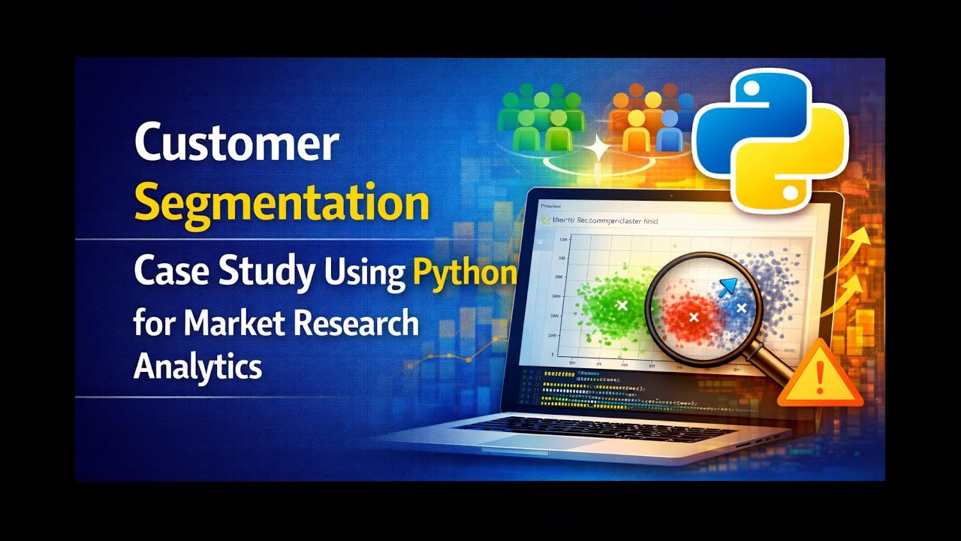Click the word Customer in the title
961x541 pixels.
coord(236,144)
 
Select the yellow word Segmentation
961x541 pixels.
coord(282,203)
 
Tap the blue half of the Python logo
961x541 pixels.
coord(740,113)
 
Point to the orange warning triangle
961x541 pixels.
coord(820,376)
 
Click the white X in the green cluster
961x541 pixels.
coord(622,305)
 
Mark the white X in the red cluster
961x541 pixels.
coord(694,317)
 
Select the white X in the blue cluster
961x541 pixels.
coord(742,308)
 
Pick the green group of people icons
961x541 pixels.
coord(541,120)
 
